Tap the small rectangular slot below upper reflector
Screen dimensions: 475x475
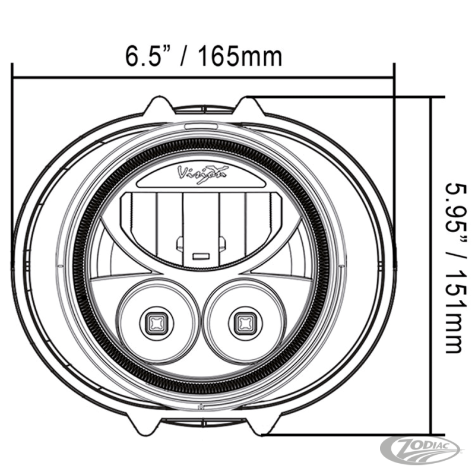pos(201,256)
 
